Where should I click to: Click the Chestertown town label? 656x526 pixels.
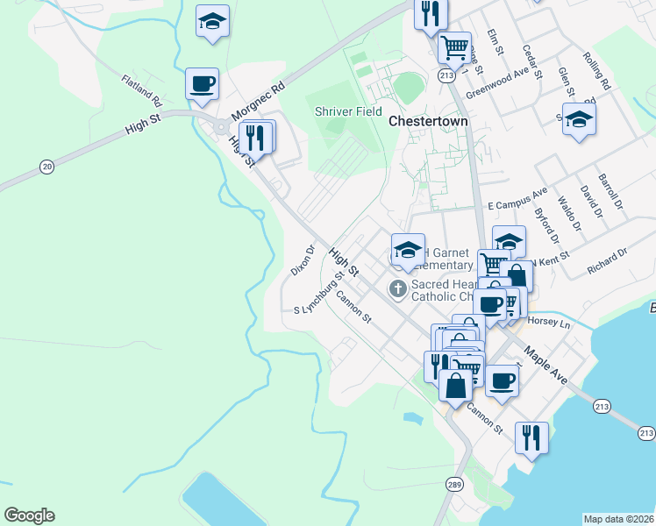coord(430,121)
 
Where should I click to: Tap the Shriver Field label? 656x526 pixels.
coord(347,111)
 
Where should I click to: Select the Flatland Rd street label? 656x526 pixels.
coord(142,86)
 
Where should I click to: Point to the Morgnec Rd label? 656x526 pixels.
coord(259,102)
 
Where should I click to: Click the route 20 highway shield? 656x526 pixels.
coord(46,166)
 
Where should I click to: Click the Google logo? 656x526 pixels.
coord(29,515)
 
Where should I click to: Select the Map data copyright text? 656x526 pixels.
coord(618,519)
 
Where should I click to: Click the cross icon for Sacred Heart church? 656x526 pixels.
coord(397,288)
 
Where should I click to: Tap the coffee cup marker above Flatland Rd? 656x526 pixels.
coord(203,84)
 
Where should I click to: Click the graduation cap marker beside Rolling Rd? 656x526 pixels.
coord(579,120)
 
